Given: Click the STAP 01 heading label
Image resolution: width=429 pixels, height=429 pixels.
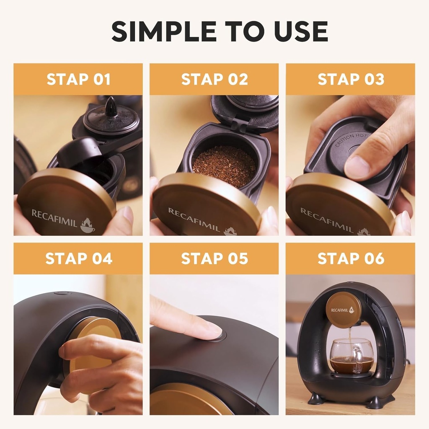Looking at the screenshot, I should click(78, 79).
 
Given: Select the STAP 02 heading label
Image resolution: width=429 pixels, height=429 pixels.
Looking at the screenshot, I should click(214, 79).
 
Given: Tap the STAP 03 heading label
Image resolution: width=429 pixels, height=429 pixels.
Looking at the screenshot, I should click(351, 79).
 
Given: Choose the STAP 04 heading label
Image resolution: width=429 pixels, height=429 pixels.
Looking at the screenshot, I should click(78, 258).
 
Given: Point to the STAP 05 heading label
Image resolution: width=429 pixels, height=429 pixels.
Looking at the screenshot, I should click(214, 258).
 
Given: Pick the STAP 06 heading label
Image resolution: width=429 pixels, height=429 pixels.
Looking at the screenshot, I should click(351, 258).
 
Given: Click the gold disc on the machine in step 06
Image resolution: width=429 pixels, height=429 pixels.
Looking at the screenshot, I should click(343, 310).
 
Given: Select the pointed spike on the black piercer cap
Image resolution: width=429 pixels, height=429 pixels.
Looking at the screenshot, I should click(111, 107).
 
